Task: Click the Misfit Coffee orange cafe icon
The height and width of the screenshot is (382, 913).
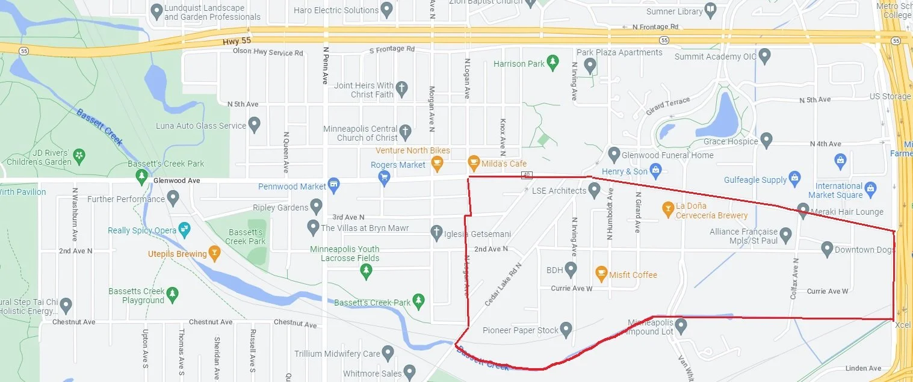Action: click(x=601, y=274)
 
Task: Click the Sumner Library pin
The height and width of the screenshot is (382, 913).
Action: click(x=711, y=10)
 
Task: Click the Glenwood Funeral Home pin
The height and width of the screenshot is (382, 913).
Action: click(x=614, y=154)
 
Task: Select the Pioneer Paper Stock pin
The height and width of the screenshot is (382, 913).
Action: click(x=566, y=329)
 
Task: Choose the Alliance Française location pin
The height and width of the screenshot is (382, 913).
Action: click(x=785, y=233)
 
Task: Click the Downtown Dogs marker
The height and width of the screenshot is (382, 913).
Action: click(x=827, y=248)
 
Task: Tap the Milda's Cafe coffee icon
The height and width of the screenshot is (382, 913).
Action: click(x=474, y=163)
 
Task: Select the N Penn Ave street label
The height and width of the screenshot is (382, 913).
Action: click(x=325, y=66)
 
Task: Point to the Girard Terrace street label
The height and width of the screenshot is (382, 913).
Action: click(x=667, y=106)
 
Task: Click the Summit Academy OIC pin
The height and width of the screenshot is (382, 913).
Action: click(x=765, y=57)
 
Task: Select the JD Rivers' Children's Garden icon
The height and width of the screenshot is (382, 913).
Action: click(x=80, y=157)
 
